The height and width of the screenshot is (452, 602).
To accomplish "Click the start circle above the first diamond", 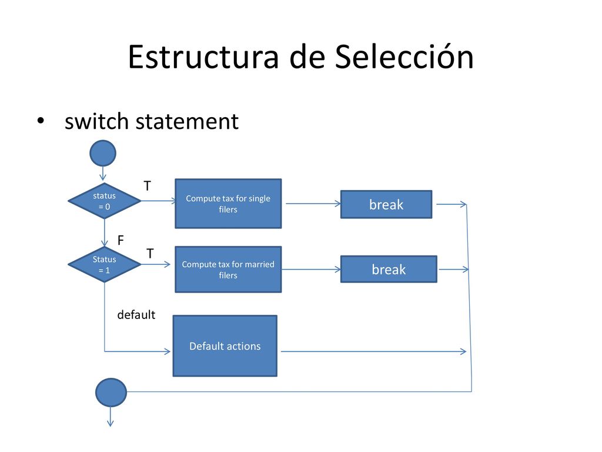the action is tap(103, 154).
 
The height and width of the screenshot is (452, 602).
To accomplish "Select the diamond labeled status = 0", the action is tap(105, 201).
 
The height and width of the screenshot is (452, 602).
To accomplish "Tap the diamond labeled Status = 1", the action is tap(105, 264).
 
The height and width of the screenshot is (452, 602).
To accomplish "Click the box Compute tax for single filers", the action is tap(228, 204).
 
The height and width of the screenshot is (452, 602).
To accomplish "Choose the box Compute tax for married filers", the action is tap(228, 270).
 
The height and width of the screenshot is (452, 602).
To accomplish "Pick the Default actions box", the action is tap(225, 346).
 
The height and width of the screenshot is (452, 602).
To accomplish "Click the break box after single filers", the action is tap(386, 204).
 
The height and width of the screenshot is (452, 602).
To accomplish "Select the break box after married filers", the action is tap(389, 270).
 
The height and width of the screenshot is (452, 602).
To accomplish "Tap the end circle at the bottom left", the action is tap(111, 393).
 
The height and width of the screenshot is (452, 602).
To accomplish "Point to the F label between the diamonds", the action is tap(121, 240).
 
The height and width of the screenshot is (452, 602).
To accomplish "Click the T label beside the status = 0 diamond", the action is tap(148, 186).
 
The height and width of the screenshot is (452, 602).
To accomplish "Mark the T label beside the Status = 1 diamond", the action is tap(150, 254).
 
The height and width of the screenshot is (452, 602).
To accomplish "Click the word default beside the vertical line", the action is tap(136, 315).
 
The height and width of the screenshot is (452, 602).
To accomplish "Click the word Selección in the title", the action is tap(404, 57).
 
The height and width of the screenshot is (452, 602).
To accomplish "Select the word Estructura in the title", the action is tap(203, 57).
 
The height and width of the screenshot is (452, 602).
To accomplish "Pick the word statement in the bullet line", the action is tap(188, 122).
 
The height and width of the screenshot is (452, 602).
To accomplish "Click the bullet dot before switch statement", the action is tap(41, 121).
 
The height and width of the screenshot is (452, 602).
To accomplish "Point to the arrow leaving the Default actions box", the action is tap(373, 351).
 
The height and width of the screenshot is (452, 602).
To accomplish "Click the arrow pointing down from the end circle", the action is tap(111, 417).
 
